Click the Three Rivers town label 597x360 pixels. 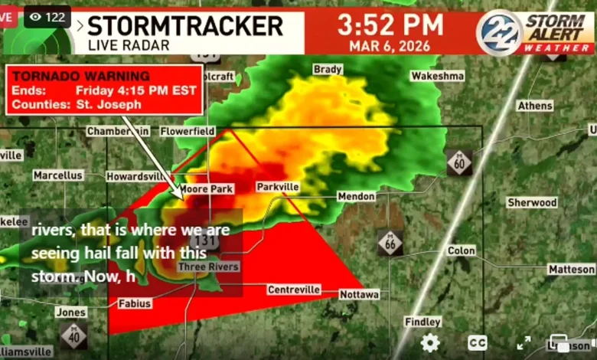[x=208, y=267]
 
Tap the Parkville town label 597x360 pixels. [x=277, y=187]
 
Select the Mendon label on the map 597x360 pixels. [x=357, y=197]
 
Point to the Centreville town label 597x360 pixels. [x=293, y=290]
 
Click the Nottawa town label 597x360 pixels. [x=359, y=294]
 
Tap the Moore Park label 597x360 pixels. [x=207, y=188]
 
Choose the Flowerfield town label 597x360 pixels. [x=188, y=131]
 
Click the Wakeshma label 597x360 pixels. [x=437, y=76]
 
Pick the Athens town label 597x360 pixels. [x=534, y=106]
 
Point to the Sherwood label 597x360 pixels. [x=532, y=203]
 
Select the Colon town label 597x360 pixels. [x=461, y=250]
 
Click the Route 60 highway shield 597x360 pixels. [x=459, y=162]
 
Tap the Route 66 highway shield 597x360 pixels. [x=390, y=243]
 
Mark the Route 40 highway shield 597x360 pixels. [x=74, y=335]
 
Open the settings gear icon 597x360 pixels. [x=430, y=342]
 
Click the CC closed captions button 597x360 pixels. [x=478, y=343]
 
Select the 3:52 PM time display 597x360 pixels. [x=390, y=24]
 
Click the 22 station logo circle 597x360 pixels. [x=499, y=31]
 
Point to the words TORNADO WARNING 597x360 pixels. [x=81, y=77]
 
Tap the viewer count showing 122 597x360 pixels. [x=47, y=17]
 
